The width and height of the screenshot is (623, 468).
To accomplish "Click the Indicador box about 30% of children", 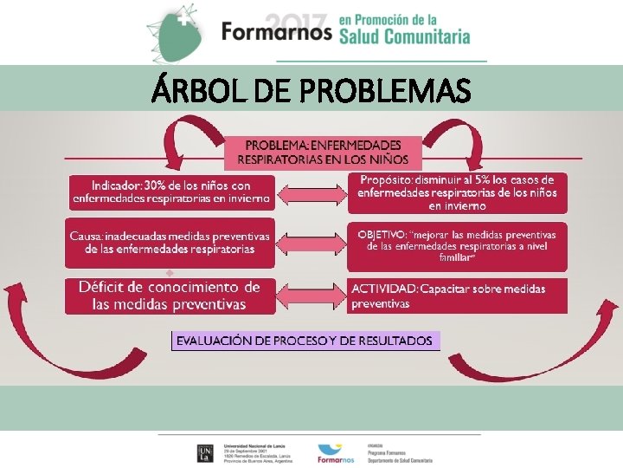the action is point(170,192).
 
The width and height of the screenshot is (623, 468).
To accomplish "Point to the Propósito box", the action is point(458,192).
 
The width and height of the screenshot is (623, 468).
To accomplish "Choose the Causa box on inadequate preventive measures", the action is point(170,242).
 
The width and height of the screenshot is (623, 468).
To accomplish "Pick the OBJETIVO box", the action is point(458,245).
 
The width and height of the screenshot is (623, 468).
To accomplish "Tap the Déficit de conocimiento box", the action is point(170,296).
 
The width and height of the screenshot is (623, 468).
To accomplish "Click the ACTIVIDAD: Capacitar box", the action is point(458,296).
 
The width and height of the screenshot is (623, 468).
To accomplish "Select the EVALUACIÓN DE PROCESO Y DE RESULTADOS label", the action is point(305,341).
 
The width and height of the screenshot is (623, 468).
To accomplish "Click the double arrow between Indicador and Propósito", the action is point(312,193).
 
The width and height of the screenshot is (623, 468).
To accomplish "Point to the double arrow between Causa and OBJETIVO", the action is point(312,244).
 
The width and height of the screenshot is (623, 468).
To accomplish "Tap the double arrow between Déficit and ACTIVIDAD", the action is point(312,296).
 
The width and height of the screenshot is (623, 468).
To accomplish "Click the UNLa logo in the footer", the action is point(205,452).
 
